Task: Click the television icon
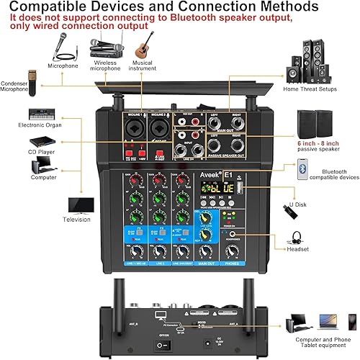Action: tap(81, 204)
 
